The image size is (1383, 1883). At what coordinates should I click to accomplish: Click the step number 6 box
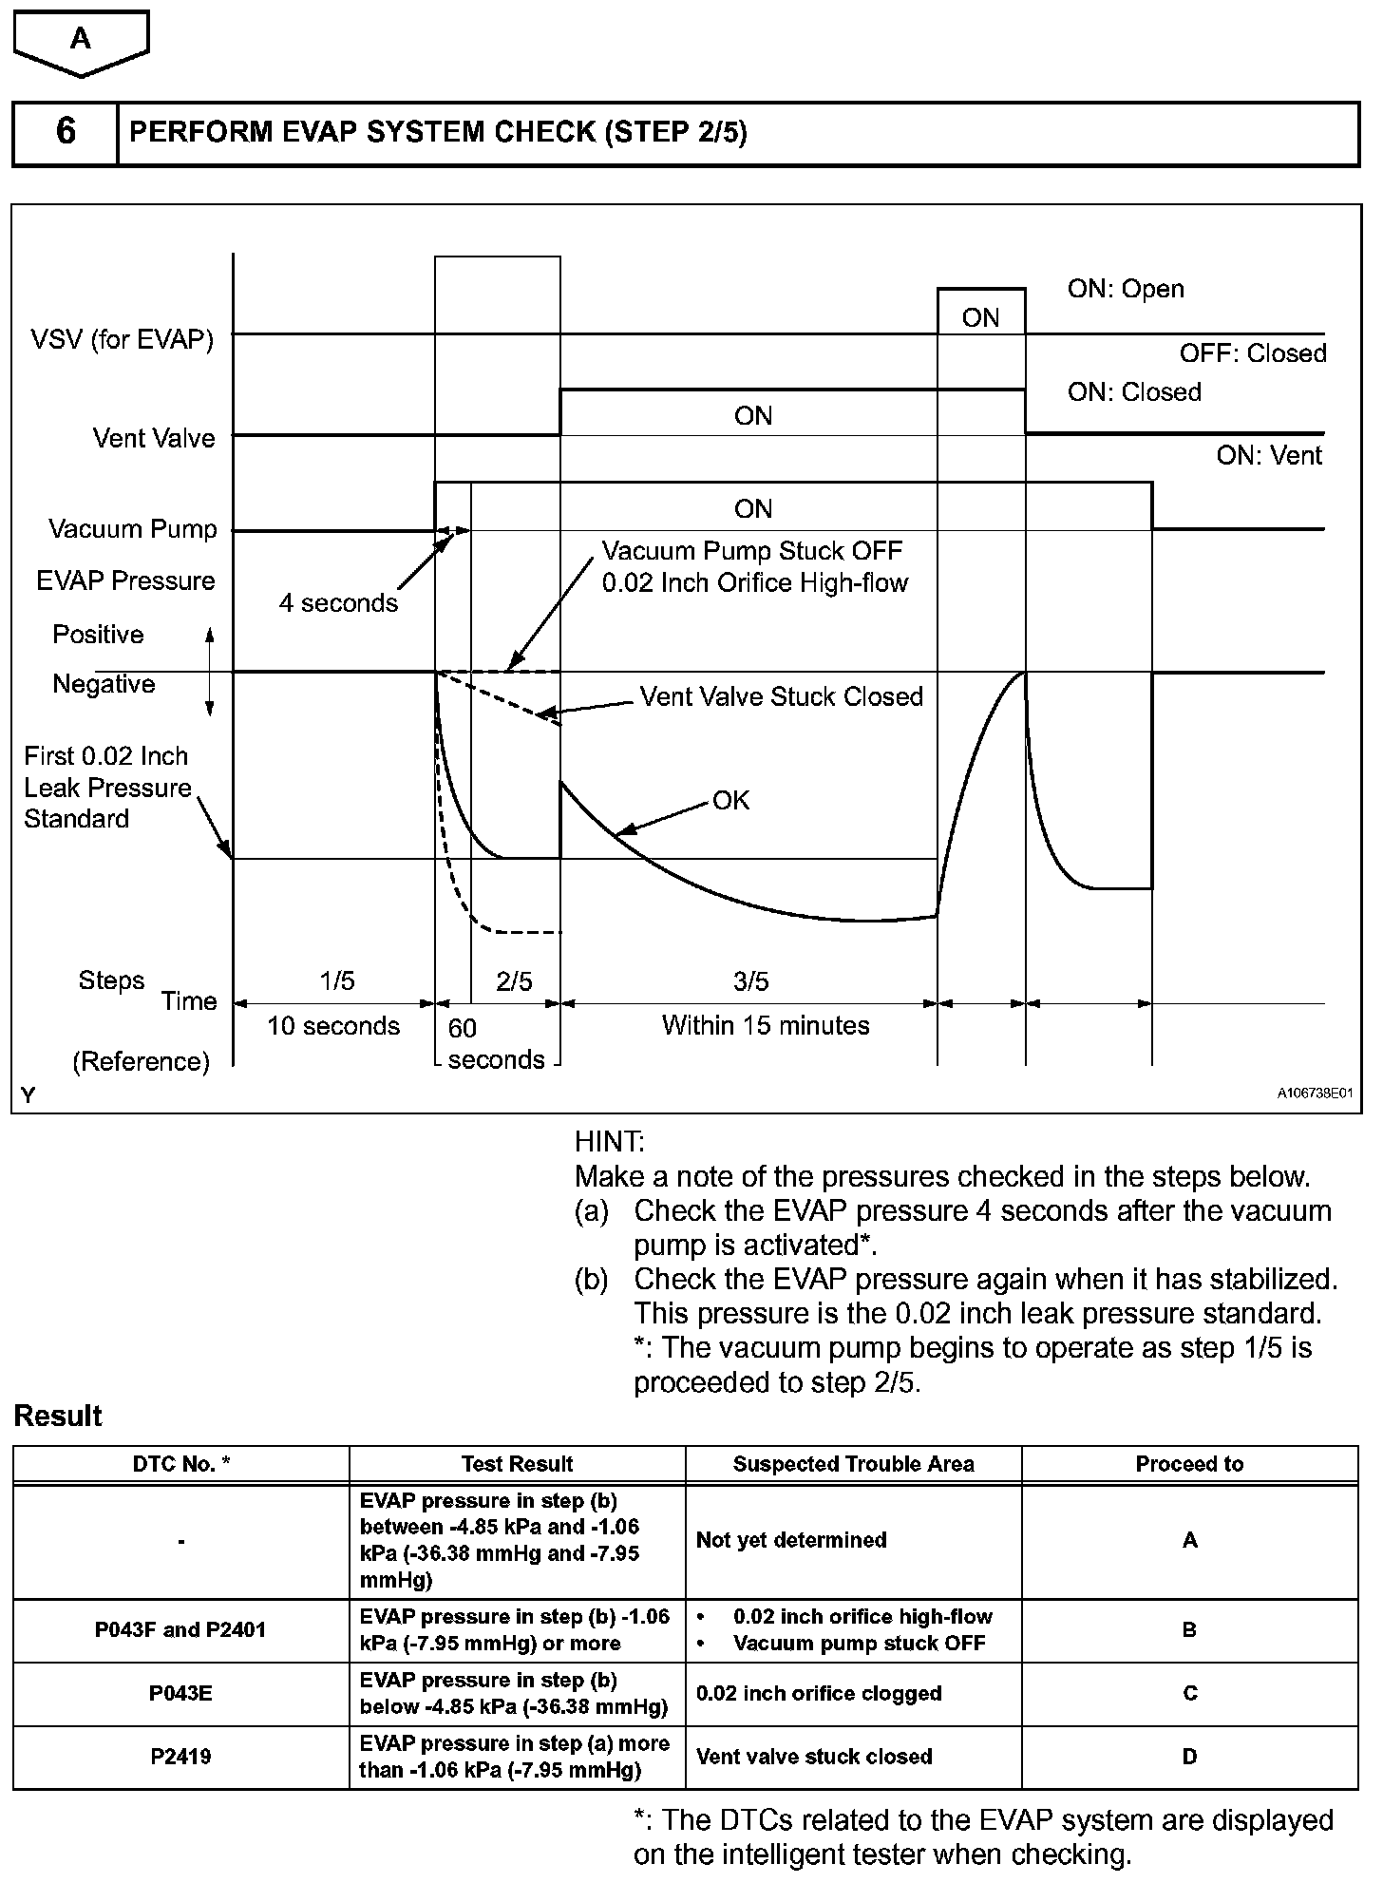[66, 131]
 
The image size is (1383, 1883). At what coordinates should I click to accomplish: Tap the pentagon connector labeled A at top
[82, 40]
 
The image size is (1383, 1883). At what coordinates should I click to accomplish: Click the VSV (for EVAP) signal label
[122, 339]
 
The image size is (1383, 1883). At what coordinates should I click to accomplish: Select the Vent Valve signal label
[154, 438]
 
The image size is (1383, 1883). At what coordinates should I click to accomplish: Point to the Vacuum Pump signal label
[133, 529]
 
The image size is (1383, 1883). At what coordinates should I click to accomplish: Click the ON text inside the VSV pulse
[980, 317]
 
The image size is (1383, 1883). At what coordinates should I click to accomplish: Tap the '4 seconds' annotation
[338, 603]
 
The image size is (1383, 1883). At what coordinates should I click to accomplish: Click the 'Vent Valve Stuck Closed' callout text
[781, 696]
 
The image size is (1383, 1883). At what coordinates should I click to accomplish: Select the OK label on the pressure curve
[731, 800]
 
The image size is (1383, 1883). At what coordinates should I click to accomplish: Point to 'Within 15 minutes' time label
[766, 1026]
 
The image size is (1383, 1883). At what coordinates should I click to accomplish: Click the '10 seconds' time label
[333, 1026]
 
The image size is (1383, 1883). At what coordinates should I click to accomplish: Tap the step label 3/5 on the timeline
[750, 981]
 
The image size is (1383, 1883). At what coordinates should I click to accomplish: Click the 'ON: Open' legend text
[1126, 289]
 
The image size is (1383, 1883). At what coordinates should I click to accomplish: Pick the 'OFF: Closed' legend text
[1253, 353]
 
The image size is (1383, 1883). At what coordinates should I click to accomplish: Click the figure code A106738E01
[1314, 1094]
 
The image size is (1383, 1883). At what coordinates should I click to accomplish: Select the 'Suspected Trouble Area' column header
[853, 1464]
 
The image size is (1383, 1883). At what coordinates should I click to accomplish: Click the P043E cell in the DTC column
[180, 1694]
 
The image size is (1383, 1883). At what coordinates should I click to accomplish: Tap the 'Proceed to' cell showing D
[1189, 1757]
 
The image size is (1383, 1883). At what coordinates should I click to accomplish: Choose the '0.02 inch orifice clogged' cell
[819, 1694]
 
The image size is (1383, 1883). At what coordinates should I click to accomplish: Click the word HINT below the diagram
[609, 1142]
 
